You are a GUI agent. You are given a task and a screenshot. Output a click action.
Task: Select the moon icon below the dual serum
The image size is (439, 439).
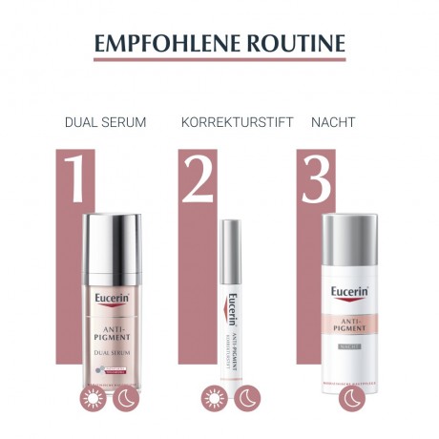coord(128,400)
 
